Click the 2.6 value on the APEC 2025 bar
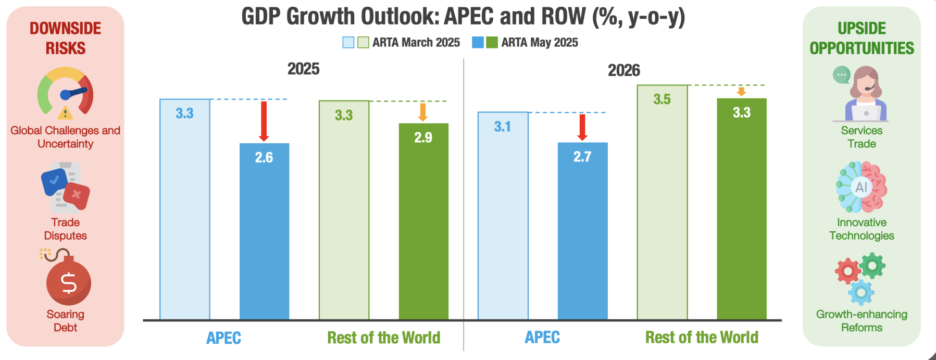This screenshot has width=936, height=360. [264, 157]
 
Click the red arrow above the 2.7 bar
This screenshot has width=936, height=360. [582, 127]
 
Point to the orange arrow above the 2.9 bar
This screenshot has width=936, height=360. [423, 112]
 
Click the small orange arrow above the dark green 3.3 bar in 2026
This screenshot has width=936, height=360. [741, 92]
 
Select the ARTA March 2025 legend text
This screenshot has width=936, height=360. [416, 43]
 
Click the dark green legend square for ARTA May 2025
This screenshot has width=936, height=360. [492, 43]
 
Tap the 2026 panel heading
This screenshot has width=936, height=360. [623, 70]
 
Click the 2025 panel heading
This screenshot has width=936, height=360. [303, 69]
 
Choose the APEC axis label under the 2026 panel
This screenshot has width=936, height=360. [542, 338]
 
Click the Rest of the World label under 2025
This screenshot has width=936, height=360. [383, 338]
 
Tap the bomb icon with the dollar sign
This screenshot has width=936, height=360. [68, 281]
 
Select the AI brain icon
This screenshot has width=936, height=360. [862, 187]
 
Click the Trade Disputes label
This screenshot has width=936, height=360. [65, 229]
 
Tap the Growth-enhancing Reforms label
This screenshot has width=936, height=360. [862, 321]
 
